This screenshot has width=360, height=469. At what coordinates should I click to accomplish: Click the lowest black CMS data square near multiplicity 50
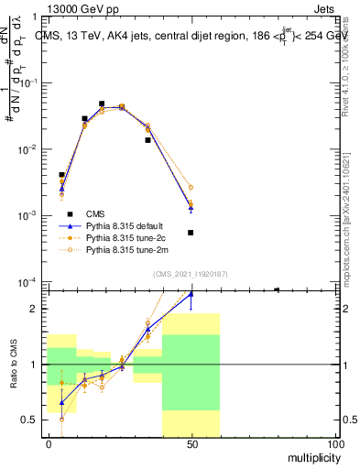[191, 233]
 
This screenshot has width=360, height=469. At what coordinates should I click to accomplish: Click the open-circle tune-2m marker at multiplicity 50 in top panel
[191, 187]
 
